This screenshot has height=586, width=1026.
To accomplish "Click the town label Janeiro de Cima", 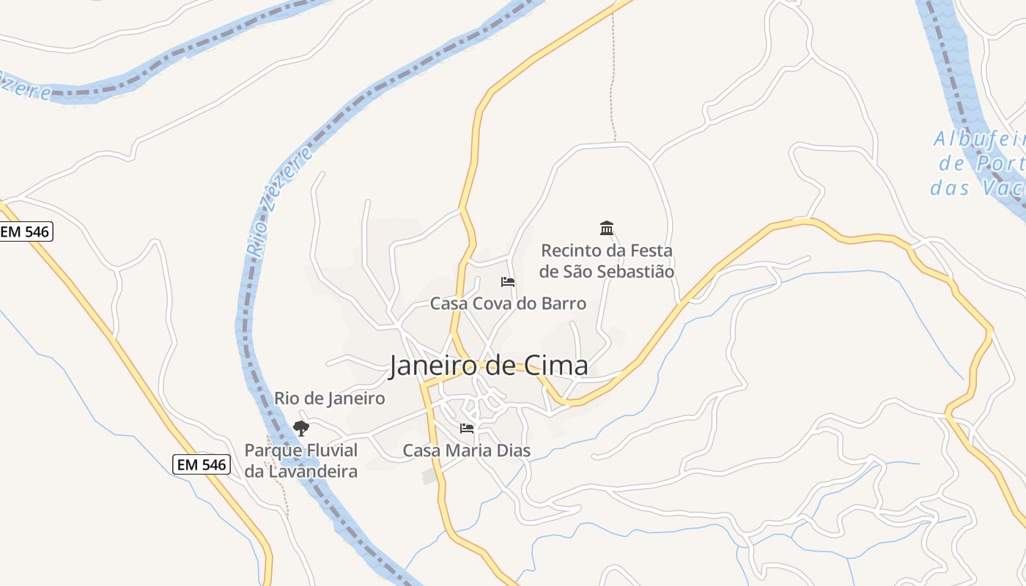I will [488, 366].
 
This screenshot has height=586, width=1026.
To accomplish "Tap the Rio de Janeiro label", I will [329, 398].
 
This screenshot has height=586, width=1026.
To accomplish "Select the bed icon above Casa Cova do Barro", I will [507, 282].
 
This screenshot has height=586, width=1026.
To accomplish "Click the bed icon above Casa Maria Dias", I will [467, 429].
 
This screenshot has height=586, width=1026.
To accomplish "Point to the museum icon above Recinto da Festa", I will [607, 229].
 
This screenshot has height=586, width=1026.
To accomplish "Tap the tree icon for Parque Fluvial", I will [300, 429].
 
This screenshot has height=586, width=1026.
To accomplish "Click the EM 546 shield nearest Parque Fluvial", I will [202, 464].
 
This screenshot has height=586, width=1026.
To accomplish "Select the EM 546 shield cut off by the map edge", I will [25, 232].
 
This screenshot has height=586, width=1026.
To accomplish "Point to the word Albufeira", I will [979, 139].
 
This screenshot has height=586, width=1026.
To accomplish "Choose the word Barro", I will [564, 303].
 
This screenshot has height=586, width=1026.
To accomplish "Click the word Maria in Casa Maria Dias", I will [468, 450].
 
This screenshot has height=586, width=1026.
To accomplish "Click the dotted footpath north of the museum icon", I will [611, 88].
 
